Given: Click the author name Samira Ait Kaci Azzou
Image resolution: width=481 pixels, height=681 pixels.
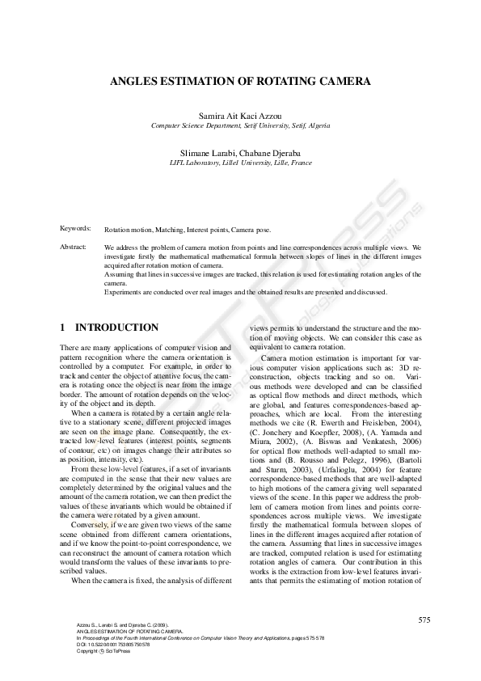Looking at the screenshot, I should click(x=240, y=117).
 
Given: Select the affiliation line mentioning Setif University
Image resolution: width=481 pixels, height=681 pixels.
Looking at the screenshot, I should click(x=240, y=126).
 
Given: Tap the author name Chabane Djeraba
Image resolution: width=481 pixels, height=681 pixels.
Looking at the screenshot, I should click(x=270, y=154).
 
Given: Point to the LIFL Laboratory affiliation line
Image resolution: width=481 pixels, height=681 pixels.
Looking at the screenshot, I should click(x=240, y=163).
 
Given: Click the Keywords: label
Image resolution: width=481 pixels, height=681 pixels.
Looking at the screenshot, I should click(x=75, y=230).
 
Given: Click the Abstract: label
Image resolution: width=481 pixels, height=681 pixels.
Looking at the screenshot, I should click(x=74, y=245).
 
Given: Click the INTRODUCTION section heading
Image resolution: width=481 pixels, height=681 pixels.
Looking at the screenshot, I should click(x=116, y=328).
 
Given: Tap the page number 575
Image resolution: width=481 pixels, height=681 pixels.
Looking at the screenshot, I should click(x=424, y=620).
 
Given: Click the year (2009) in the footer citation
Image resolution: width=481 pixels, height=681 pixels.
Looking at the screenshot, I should click(x=158, y=625).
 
